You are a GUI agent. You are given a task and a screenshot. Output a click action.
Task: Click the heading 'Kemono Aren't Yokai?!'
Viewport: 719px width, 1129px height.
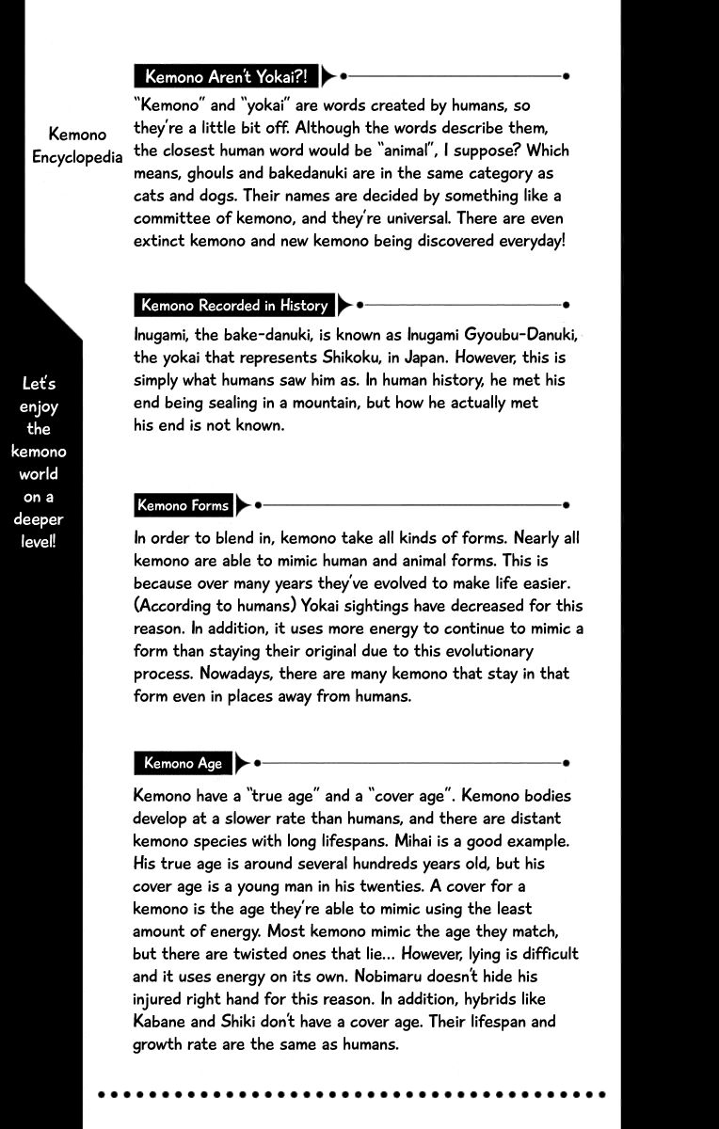(226, 75)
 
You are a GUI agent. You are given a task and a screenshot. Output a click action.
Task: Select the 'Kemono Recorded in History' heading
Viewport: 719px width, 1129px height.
(234, 305)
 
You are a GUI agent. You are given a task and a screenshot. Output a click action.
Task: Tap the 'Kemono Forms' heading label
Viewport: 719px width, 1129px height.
(183, 505)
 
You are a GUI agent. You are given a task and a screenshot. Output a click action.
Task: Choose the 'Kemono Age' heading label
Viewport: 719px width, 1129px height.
(183, 763)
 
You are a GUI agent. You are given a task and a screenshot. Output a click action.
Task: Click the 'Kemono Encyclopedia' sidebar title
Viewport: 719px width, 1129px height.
(77, 146)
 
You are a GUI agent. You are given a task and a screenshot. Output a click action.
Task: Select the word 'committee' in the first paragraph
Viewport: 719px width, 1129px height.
(170, 218)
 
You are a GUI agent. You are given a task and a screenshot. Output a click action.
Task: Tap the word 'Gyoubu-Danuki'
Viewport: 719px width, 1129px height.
(520, 336)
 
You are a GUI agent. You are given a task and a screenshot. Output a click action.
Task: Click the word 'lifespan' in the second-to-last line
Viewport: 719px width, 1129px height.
(488, 1021)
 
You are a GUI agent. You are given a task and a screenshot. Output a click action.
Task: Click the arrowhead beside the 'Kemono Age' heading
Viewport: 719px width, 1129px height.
(244, 763)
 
